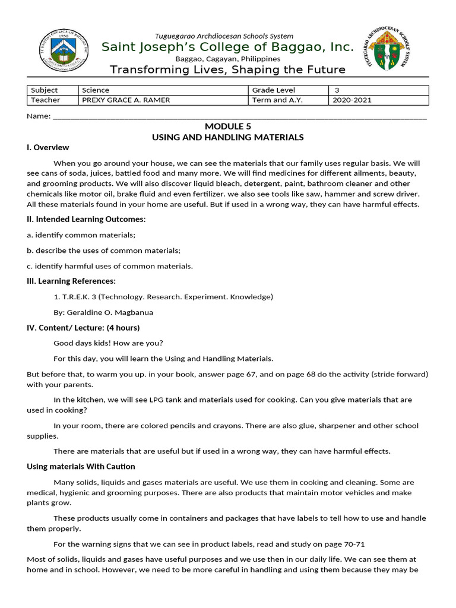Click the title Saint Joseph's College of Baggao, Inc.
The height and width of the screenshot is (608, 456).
[228, 47]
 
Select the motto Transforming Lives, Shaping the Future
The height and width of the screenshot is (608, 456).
[228, 70]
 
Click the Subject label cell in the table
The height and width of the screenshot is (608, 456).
[45, 90]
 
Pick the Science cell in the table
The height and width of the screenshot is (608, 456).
[96, 90]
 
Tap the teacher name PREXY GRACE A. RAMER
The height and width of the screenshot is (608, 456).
[126, 100]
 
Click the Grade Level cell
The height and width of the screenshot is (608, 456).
[273, 90]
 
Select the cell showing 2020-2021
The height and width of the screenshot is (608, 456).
[352, 100]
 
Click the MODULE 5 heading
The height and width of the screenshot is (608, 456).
[228, 126]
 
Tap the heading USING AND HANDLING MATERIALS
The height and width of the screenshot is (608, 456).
[228, 137]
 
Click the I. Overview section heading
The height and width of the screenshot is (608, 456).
[48, 147]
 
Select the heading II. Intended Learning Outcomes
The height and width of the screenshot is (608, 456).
[86, 219]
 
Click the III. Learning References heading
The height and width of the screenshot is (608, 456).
[71, 281]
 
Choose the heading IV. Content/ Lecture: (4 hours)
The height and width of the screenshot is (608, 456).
[83, 327]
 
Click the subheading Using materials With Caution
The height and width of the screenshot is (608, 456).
[81, 466]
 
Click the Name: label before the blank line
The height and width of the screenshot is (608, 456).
[39, 116]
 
